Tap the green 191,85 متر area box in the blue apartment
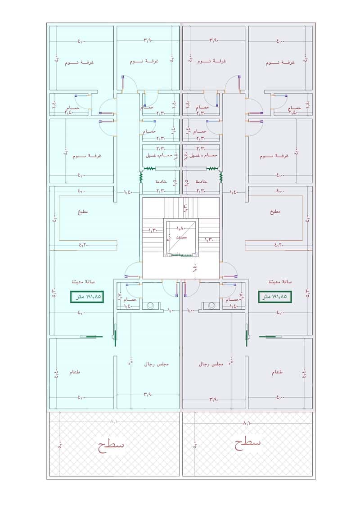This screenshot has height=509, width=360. click(x=87, y=297)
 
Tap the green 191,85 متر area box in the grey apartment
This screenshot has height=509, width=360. click(x=274, y=297)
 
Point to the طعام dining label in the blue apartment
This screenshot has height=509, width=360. click(x=75, y=372)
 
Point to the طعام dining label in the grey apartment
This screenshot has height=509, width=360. click(x=278, y=372)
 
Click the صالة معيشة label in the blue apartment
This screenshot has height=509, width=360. click(x=82, y=281)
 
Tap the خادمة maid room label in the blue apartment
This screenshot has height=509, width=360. click(x=161, y=181)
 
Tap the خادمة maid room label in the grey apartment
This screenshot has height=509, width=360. click(x=202, y=181)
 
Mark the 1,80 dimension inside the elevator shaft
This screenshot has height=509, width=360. click(x=180, y=229)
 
